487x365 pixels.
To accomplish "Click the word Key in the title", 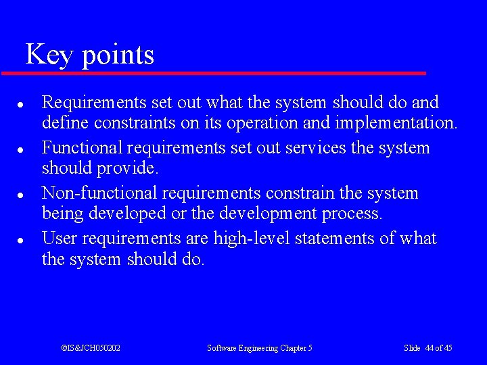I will pyautogui.click(x=49, y=55).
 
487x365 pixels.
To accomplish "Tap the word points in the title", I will pyautogui.click(x=118, y=56).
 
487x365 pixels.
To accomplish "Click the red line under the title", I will pyautogui.click(x=214, y=73).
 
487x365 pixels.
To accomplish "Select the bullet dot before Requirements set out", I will pyautogui.click(x=22, y=105).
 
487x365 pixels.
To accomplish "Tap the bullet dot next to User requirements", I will pyautogui.click(x=22, y=240).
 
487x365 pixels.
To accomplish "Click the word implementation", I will pyautogui.click(x=401, y=124).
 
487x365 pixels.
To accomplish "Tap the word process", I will pyautogui.click(x=352, y=214).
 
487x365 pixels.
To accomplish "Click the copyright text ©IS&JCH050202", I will pyautogui.click(x=91, y=348).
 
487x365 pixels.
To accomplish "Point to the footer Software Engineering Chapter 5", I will pyautogui.click(x=260, y=348).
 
